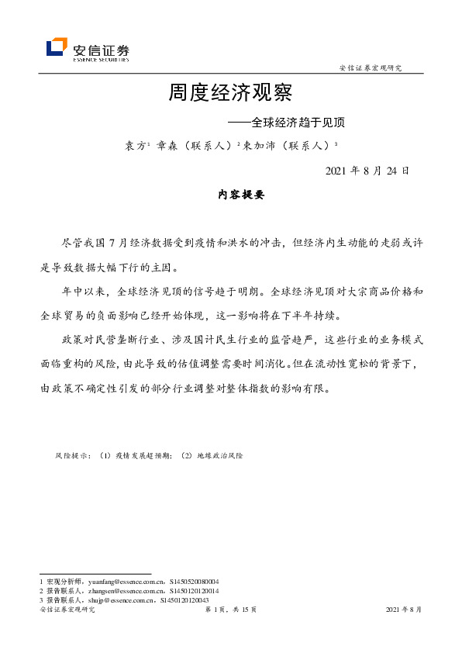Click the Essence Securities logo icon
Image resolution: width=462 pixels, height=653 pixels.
tap(57, 48)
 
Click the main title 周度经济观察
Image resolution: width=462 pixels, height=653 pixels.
tap(230, 94)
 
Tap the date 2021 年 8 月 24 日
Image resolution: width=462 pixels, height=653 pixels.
tap(367, 170)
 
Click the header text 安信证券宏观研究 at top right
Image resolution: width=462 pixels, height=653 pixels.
tap(371, 68)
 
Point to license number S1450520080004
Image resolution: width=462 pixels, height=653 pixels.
tap(193, 582)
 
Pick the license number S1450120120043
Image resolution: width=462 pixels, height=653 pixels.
tap(184, 600)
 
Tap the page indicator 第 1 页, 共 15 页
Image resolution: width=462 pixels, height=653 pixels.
tap(230, 610)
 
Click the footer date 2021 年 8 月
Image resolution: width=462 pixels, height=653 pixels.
tap(404, 610)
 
